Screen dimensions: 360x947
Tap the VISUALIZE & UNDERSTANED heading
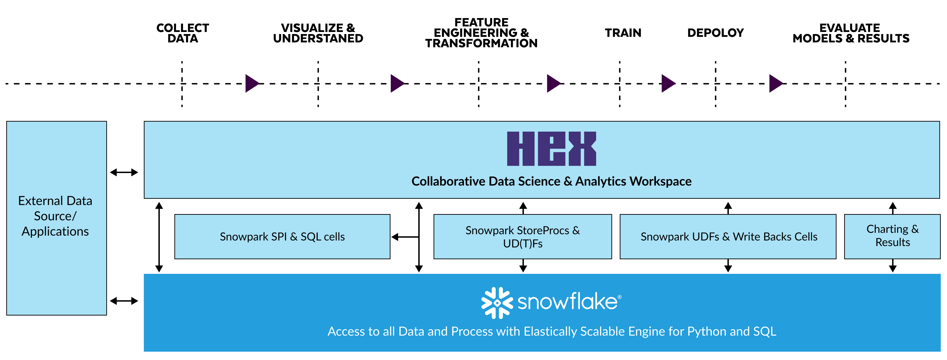click(318, 33)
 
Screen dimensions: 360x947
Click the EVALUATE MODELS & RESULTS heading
click(850, 33)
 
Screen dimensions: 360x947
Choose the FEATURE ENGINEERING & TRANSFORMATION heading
click(481, 33)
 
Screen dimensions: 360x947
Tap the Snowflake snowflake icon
click(497, 303)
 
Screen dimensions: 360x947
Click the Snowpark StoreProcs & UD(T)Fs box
click(522, 237)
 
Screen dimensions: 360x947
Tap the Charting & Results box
click(892, 236)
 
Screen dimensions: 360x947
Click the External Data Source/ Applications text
click(55, 216)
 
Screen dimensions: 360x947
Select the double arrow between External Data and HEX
click(124, 172)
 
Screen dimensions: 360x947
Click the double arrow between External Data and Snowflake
click(124, 301)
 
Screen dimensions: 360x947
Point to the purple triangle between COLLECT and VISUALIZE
click(252, 83)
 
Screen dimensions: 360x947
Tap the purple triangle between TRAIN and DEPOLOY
click(668, 83)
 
